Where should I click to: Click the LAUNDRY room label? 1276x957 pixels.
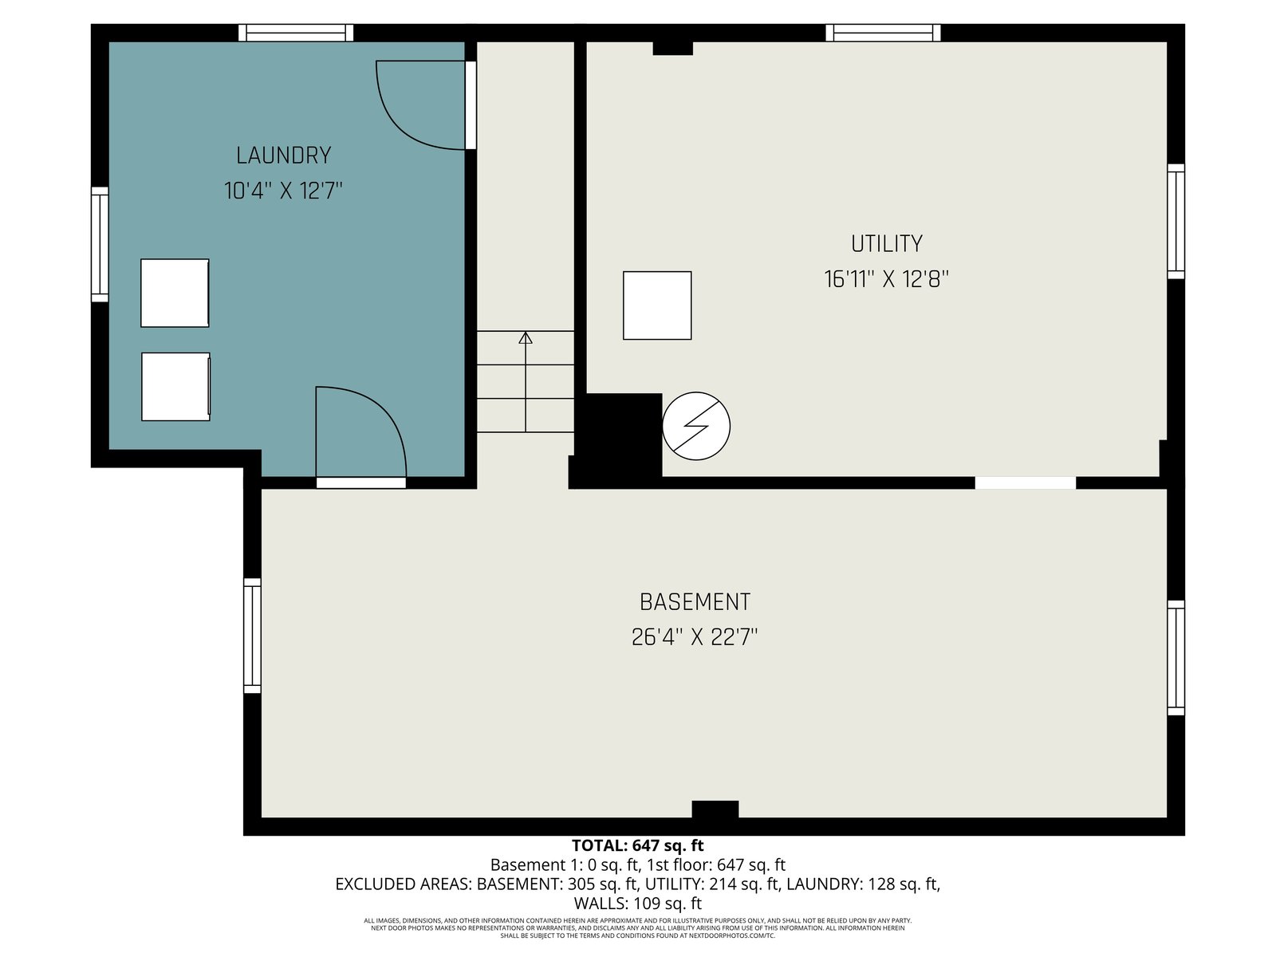[283, 156]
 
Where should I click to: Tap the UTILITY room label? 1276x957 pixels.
[887, 244]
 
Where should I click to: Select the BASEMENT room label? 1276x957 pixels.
[695, 602]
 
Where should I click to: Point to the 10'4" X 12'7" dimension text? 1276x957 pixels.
[283, 191]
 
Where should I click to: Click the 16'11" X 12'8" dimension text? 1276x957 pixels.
[887, 279]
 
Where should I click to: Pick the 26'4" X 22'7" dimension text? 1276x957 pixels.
[695, 637]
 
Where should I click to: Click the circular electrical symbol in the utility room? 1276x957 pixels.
[696, 426]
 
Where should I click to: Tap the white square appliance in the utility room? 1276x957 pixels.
[657, 305]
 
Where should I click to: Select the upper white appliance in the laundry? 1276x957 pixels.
[175, 293]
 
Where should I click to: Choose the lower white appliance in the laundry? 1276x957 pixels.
[175, 387]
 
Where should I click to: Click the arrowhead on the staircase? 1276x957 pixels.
[526, 337]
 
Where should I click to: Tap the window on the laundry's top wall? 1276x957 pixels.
[296, 33]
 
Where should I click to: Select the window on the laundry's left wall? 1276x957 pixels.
[100, 245]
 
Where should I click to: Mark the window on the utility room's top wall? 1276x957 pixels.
[883, 33]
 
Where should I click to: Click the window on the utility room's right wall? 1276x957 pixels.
[1176, 222]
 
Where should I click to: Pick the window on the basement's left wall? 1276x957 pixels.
[252, 636]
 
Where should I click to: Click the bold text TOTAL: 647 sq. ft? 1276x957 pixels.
[638, 845]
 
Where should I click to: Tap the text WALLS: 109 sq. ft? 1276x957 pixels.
[638, 904]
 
